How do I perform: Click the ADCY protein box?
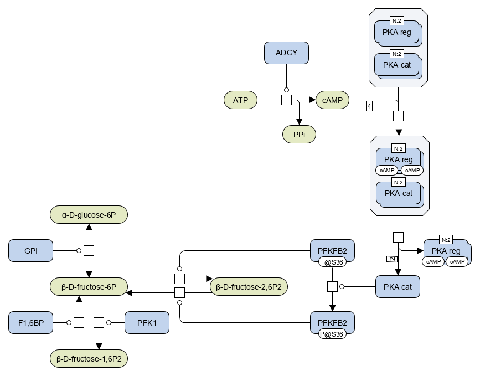coord(286,53)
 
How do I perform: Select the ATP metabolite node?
coord(240,100)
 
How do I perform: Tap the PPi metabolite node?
coord(299,135)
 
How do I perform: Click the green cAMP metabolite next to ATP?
coord(332,100)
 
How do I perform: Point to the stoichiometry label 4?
coord(369,106)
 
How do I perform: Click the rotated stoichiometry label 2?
coord(392,259)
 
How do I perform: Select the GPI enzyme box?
coord(30,251)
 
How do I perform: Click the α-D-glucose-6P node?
coord(89,215)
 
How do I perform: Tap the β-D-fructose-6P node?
coord(89,287)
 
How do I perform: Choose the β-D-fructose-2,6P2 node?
coord(249,287)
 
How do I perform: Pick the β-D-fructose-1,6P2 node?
coord(89,358)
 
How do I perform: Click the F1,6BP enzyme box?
coord(30,323)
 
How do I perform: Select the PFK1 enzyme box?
coord(147,323)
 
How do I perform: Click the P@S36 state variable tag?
coord(332,334)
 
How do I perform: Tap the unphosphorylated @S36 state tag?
coord(332,262)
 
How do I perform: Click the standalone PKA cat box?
coord(398,287)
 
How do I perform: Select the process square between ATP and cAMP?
coord(286,100)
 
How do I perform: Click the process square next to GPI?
coord(89,250)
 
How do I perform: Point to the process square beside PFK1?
coord(99,322)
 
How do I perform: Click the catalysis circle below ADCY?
coord(286,90)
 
